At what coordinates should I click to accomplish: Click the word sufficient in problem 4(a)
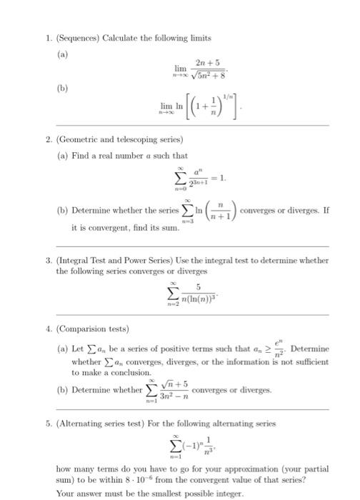pos(315,361)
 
